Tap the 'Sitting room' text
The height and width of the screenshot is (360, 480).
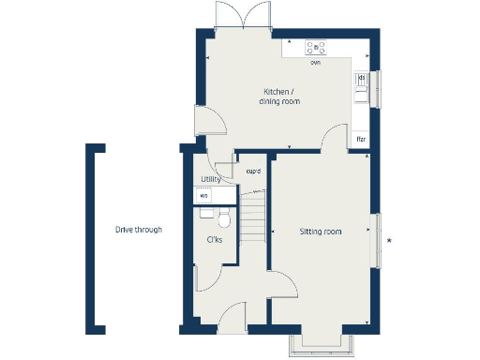click(321, 231)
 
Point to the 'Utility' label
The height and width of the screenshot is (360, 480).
click(211, 179)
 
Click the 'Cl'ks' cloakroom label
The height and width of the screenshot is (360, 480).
click(214, 239)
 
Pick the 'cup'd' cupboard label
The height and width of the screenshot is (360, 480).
click(252, 172)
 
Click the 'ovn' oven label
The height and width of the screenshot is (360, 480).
click(316, 64)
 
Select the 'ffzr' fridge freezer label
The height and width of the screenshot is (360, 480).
click(360, 139)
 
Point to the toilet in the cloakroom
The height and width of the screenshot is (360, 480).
click(223, 218)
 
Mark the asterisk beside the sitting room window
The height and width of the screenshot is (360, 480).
click(390, 242)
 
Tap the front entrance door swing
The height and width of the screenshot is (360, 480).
click(232, 314)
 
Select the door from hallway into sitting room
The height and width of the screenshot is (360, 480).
click(281, 283)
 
